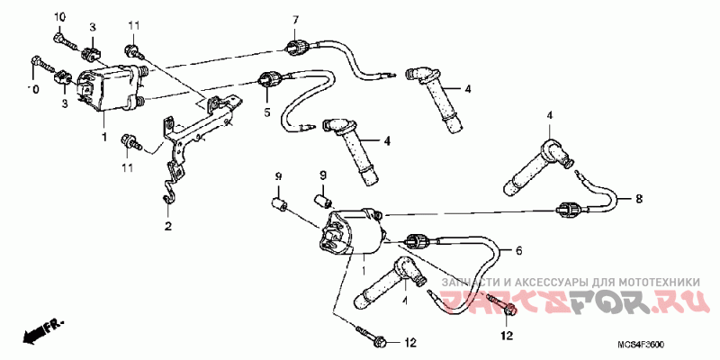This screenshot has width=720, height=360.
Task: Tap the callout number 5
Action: (x=266, y=112)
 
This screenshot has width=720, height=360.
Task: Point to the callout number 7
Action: (x=294, y=20)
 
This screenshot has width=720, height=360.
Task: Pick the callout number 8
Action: (x=640, y=198)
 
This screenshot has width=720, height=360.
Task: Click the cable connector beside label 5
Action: (x=267, y=81)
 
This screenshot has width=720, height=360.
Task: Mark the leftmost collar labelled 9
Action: (x=280, y=204)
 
